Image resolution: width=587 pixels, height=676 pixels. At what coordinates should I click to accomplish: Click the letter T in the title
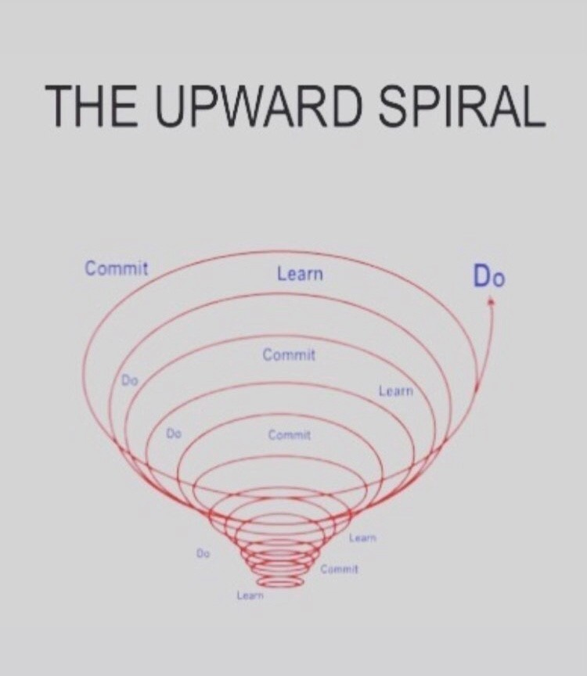[59, 105]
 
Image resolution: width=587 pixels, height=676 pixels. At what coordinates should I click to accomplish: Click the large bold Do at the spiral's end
[488, 276]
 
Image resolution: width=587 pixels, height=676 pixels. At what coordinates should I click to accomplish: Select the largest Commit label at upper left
[116, 268]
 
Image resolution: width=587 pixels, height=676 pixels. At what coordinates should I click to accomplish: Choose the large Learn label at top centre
[299, 274]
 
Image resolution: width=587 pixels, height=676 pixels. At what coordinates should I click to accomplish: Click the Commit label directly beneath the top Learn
[289, 355]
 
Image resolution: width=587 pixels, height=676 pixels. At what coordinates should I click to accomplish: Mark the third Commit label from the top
[290, 434]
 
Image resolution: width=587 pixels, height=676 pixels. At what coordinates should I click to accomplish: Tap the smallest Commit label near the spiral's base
[339, 568]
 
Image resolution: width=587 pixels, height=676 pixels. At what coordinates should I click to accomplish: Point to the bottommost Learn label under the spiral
[250, 596]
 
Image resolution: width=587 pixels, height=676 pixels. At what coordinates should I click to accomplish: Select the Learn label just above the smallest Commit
[363, 538]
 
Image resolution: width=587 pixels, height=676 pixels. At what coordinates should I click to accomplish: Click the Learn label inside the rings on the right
[395, 390]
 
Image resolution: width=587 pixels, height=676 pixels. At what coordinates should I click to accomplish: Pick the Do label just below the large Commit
[130, 380]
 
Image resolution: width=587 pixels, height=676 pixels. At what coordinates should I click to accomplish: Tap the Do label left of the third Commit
[174, 433]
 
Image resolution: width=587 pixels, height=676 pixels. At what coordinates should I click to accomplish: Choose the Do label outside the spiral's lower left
[203, 552]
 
